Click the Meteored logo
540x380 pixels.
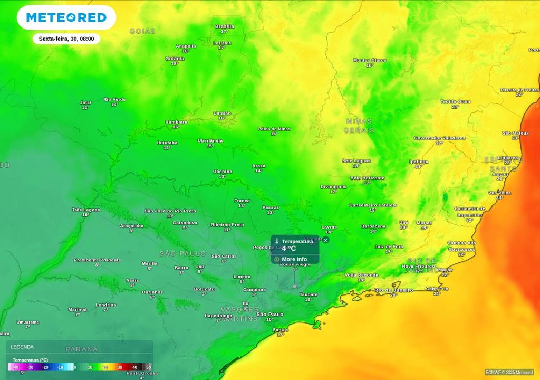[66, 17]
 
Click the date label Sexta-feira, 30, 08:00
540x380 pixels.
[66, 39]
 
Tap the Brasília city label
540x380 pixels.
[224, 26]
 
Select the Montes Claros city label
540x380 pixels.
[369, 60]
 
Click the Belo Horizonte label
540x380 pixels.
[367, 178]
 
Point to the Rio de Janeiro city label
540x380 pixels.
[393, 290]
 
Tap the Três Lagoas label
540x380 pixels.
[85, 210]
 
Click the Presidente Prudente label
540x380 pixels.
[97, 260]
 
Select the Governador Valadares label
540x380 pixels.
[439, 138]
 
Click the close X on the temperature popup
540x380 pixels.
[325, 240]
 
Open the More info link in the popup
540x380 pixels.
[294, 259]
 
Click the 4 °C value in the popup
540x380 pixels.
[288, 248]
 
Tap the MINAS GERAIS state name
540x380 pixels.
[359, 126]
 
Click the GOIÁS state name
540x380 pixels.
[142, 31]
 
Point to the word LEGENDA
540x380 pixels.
[22, 347]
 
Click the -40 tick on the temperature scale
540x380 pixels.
[15, 367]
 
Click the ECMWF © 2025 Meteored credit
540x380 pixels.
[509, 372]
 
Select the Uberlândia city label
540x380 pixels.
[210, 141]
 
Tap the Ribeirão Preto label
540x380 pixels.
[227, 224]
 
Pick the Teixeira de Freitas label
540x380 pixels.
[519, 90]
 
